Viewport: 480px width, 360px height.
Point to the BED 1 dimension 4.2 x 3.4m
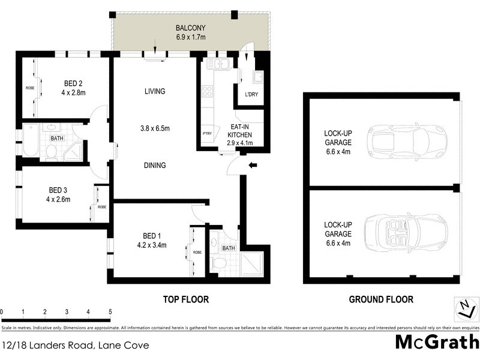(151, 245)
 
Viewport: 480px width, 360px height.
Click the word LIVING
(154, 91)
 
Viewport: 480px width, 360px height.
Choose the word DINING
(154, 165)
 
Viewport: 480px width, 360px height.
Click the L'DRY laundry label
(252, 95)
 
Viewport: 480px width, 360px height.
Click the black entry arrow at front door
(253, 165)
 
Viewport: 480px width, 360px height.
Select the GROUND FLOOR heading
(382, 299)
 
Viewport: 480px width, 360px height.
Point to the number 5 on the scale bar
(110, 312)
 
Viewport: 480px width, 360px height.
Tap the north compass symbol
(464, 309)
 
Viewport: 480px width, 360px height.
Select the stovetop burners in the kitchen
(208, 91)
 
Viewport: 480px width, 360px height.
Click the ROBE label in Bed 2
(29, 88)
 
